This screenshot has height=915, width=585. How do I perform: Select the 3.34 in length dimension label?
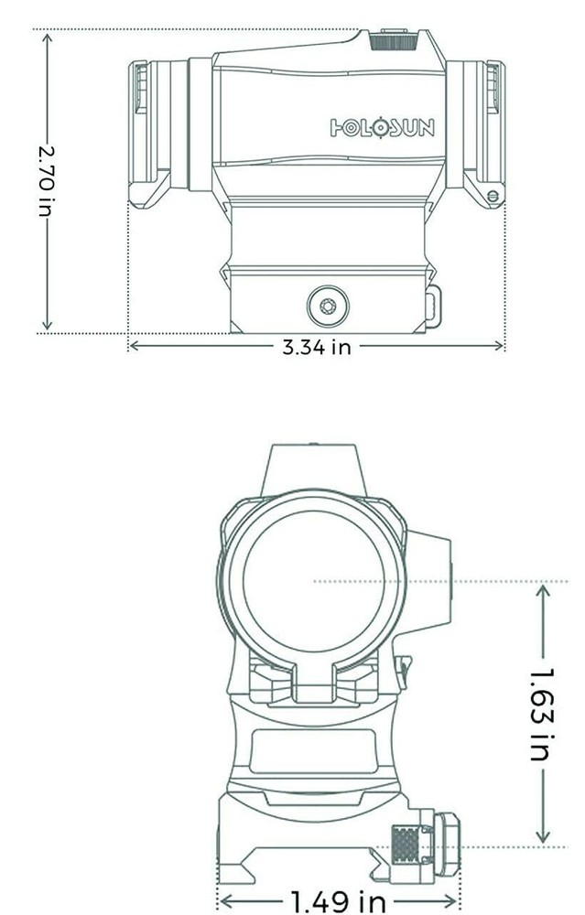pyautogui.click(x=316, y=348)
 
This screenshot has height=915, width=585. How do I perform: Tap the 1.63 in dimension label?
pyautogui.click(x=542, y=714)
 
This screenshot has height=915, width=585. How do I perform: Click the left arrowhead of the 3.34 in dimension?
pyautogui.click(x=132, y=347)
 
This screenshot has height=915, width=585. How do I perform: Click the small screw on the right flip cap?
pyautogui.click(x=494, y=195)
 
